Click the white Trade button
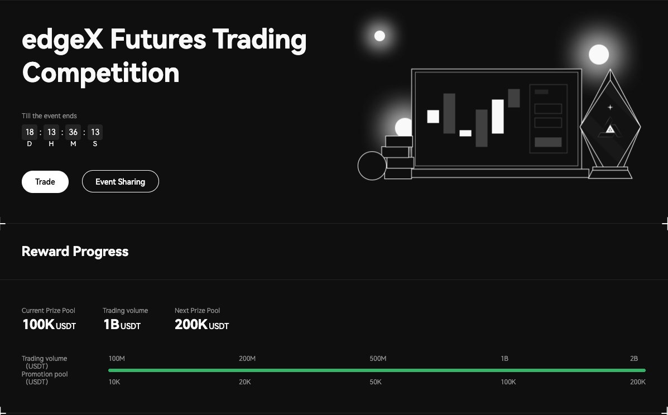click(45, 182)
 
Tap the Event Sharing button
click(121, 182)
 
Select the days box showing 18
click(30, 132)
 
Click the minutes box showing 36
click(73, 132)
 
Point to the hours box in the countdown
click(51, 132)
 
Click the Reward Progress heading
click(75, 252)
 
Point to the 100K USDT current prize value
click(49, 325)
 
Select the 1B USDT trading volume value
click(122, 325)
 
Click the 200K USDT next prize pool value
click(201, 325)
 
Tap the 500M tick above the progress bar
click(378, 359)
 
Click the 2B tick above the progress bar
click(633, 359)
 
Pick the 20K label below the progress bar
click(244, 382)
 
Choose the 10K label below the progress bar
click(114, 382)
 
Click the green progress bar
click(377, 370)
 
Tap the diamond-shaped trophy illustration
click(610, 126)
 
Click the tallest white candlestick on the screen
click(498, 117)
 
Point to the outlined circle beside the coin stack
click(372, 166)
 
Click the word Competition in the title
click(100, 73)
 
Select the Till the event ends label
click(49, 116)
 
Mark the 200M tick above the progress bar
click(247, 359)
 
